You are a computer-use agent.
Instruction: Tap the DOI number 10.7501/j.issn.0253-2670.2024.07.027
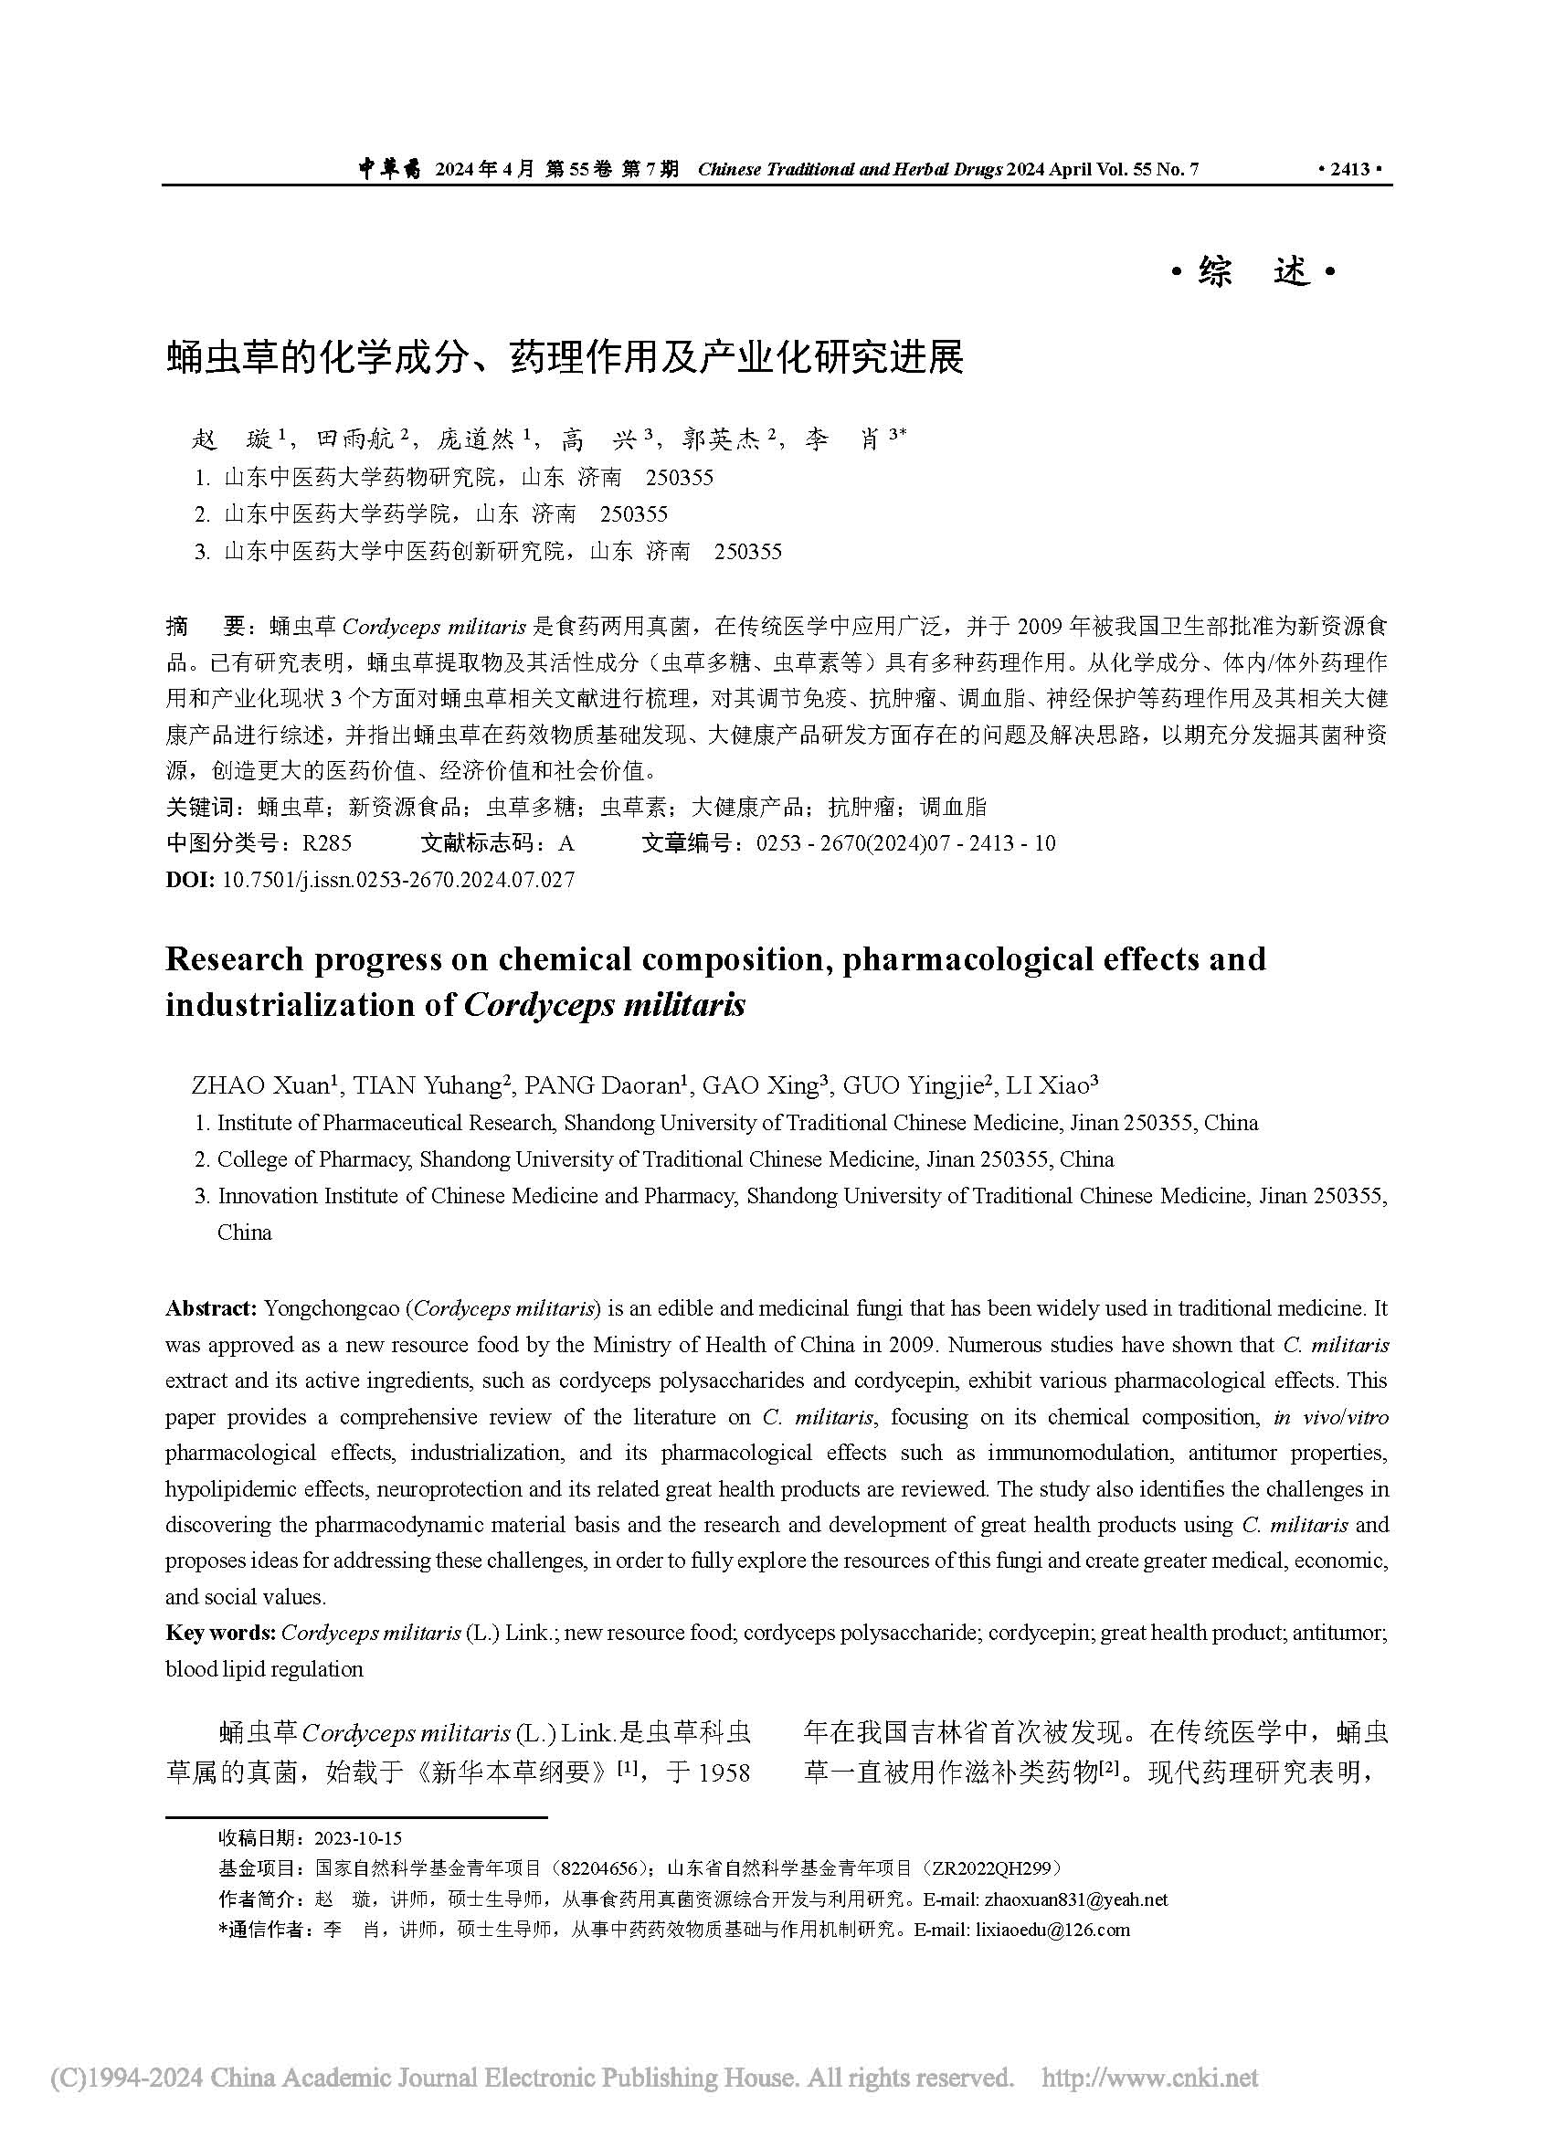[397, 880]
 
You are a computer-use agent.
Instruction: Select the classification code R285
[326, 843]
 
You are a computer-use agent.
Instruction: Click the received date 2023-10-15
[358, 1838]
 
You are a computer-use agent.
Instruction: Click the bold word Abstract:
[211, 1307]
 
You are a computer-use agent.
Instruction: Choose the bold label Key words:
[220, 1633]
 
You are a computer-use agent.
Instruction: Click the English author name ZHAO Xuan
[260, 1086]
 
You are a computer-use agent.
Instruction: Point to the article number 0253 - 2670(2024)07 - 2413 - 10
[905, 843]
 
